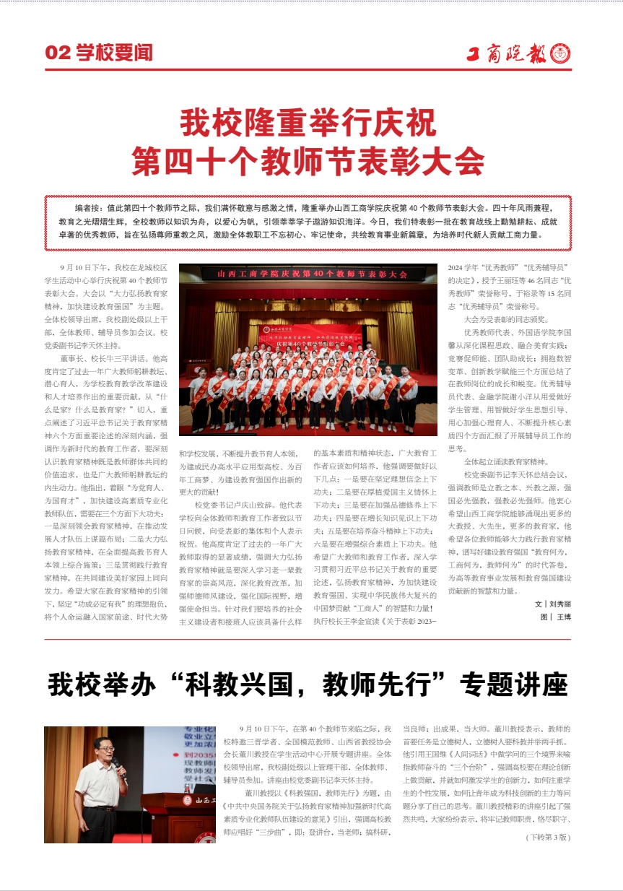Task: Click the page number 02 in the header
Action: (56, 53)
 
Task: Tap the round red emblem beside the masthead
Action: (561, 53)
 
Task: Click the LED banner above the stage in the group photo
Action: (308, 274)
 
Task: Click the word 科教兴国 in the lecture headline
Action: (245, 684)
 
